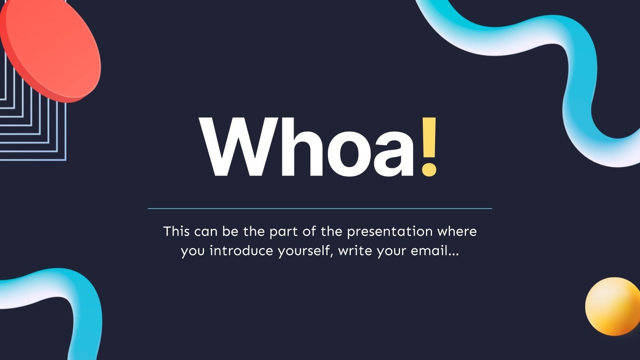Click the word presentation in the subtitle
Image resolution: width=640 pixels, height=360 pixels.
pyautogui.click(x=390, y=232)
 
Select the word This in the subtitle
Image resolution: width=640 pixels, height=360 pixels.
pyautogui.click(x=176, y=231)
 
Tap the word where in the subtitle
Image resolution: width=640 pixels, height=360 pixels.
pyautogui.click(x=457, y=231)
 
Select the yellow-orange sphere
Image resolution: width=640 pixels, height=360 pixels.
pyautogui.click(x=612, y=306)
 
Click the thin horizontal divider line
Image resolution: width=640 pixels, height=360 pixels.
pyautogui.click(x=320, y=208)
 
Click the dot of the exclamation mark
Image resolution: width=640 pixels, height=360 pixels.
pyautogui.click(x=429, y=169)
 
